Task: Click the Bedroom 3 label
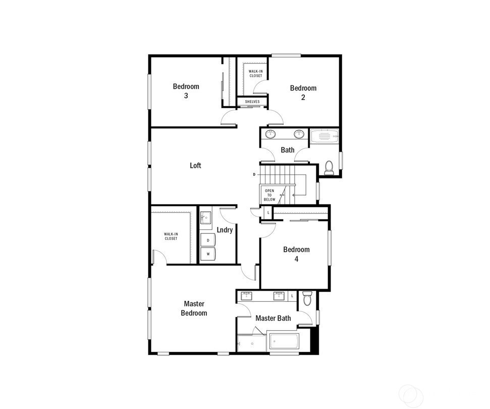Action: click(186, 91)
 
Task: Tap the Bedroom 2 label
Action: click(303, 93)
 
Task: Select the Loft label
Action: click(196, 165)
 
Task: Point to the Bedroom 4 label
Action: click(296, 254)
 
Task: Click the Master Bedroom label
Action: click(194, 308)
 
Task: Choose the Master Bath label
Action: click(273, 318)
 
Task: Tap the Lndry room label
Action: click(225, 230)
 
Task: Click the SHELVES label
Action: click(252, 102)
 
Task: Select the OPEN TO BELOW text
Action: click(269, 195)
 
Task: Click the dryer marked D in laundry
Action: click(208, 240)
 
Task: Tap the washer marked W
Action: click(208, 254)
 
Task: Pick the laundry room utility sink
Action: click(205, 217)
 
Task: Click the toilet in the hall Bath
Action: click(329, 168)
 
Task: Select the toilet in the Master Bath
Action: click(308, 298)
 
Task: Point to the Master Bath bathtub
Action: click(285, 341)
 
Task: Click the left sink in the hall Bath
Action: click(270, 134)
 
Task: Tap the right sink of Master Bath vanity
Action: click(279, 296)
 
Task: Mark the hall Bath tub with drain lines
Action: click(324, 136)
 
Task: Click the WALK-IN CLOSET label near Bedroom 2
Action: click(256, 74)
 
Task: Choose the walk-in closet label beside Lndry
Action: click(171, 237)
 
